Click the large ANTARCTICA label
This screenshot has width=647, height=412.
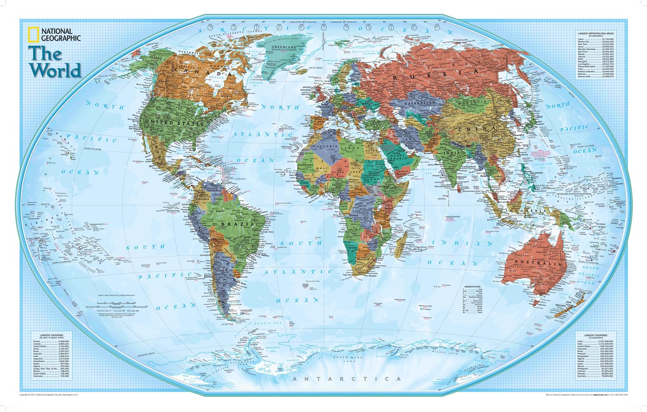point(347,379)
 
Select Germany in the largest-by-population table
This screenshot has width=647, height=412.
point(582,376)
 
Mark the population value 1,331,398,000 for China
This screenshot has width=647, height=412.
point(606,341)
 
